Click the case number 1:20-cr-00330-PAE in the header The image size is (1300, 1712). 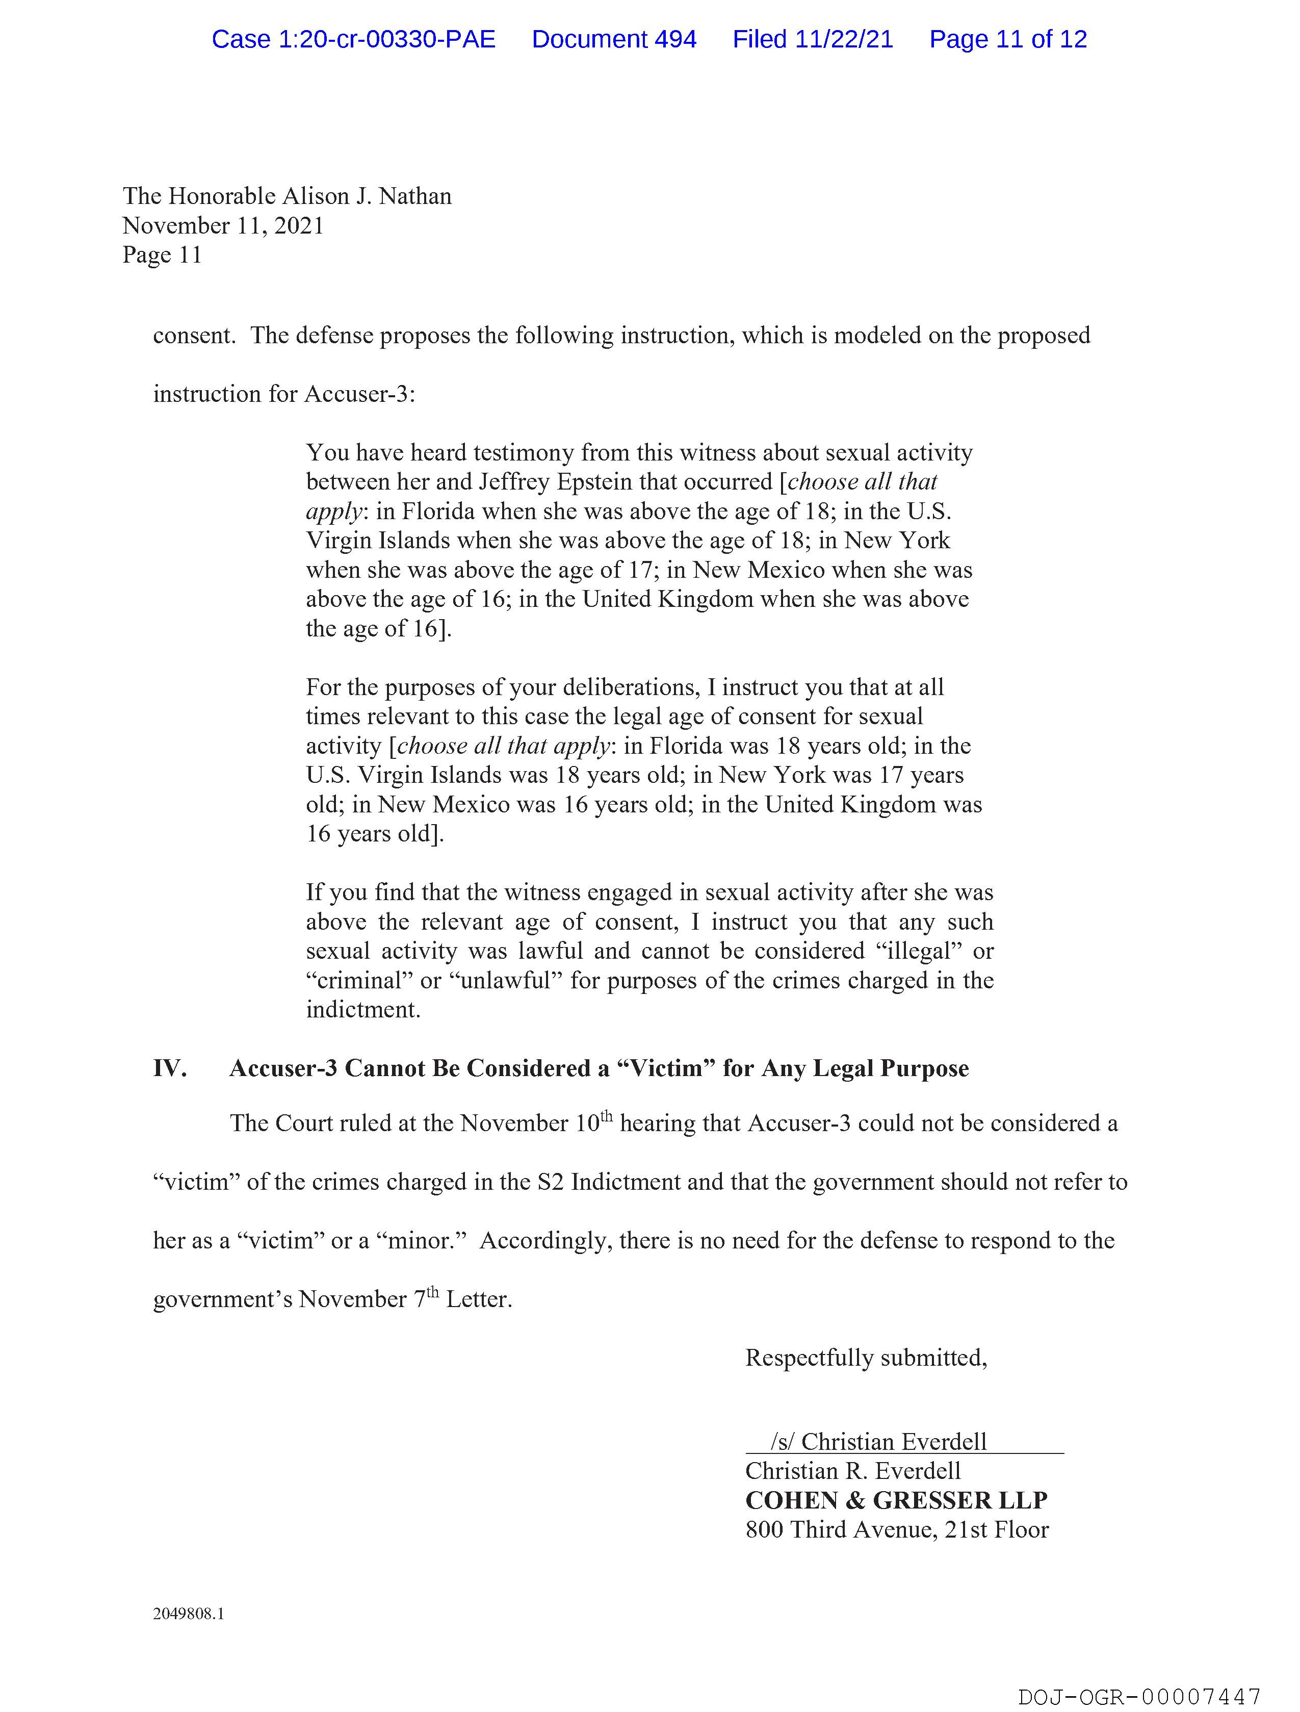(354, 39)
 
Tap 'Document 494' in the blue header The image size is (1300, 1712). (614, 39)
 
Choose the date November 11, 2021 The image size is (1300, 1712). (223, 226)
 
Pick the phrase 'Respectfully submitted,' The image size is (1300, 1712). (866, 1358)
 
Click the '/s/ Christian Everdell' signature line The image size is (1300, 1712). (878, 1442)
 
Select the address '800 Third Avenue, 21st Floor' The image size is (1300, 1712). (897, 1530)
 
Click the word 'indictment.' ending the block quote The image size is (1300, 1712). (363, 1010)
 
